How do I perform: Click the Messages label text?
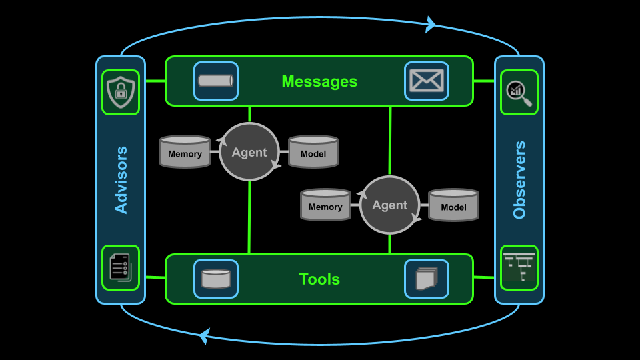tap(319, 81)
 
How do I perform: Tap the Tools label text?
tap(319, 279)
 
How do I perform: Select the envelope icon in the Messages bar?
tap(427, 81)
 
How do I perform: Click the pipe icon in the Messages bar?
tap(216, 81)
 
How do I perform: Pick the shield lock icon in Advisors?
tap(121, 92)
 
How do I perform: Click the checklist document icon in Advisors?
tap(121, 267)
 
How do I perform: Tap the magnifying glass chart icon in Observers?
tap(519, 93)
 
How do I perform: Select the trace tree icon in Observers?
tap(519, 267)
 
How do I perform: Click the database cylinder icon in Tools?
tap(216, 279)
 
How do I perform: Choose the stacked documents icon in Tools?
tap(427, 279)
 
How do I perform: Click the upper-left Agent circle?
tap(249, 152)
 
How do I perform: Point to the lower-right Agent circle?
tap(389, 205)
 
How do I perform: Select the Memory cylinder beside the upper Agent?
tap(185, 152)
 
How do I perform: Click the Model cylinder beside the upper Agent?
tap(313, 152)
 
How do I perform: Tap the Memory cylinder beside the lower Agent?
tap(325, 205)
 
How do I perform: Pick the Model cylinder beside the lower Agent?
tap(453, 205)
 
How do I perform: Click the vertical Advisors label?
tap(121, 180)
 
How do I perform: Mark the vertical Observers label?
tap(519, 180)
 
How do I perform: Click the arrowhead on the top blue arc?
tap(430, 25)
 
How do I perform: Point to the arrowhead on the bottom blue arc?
tap(205, 336)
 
